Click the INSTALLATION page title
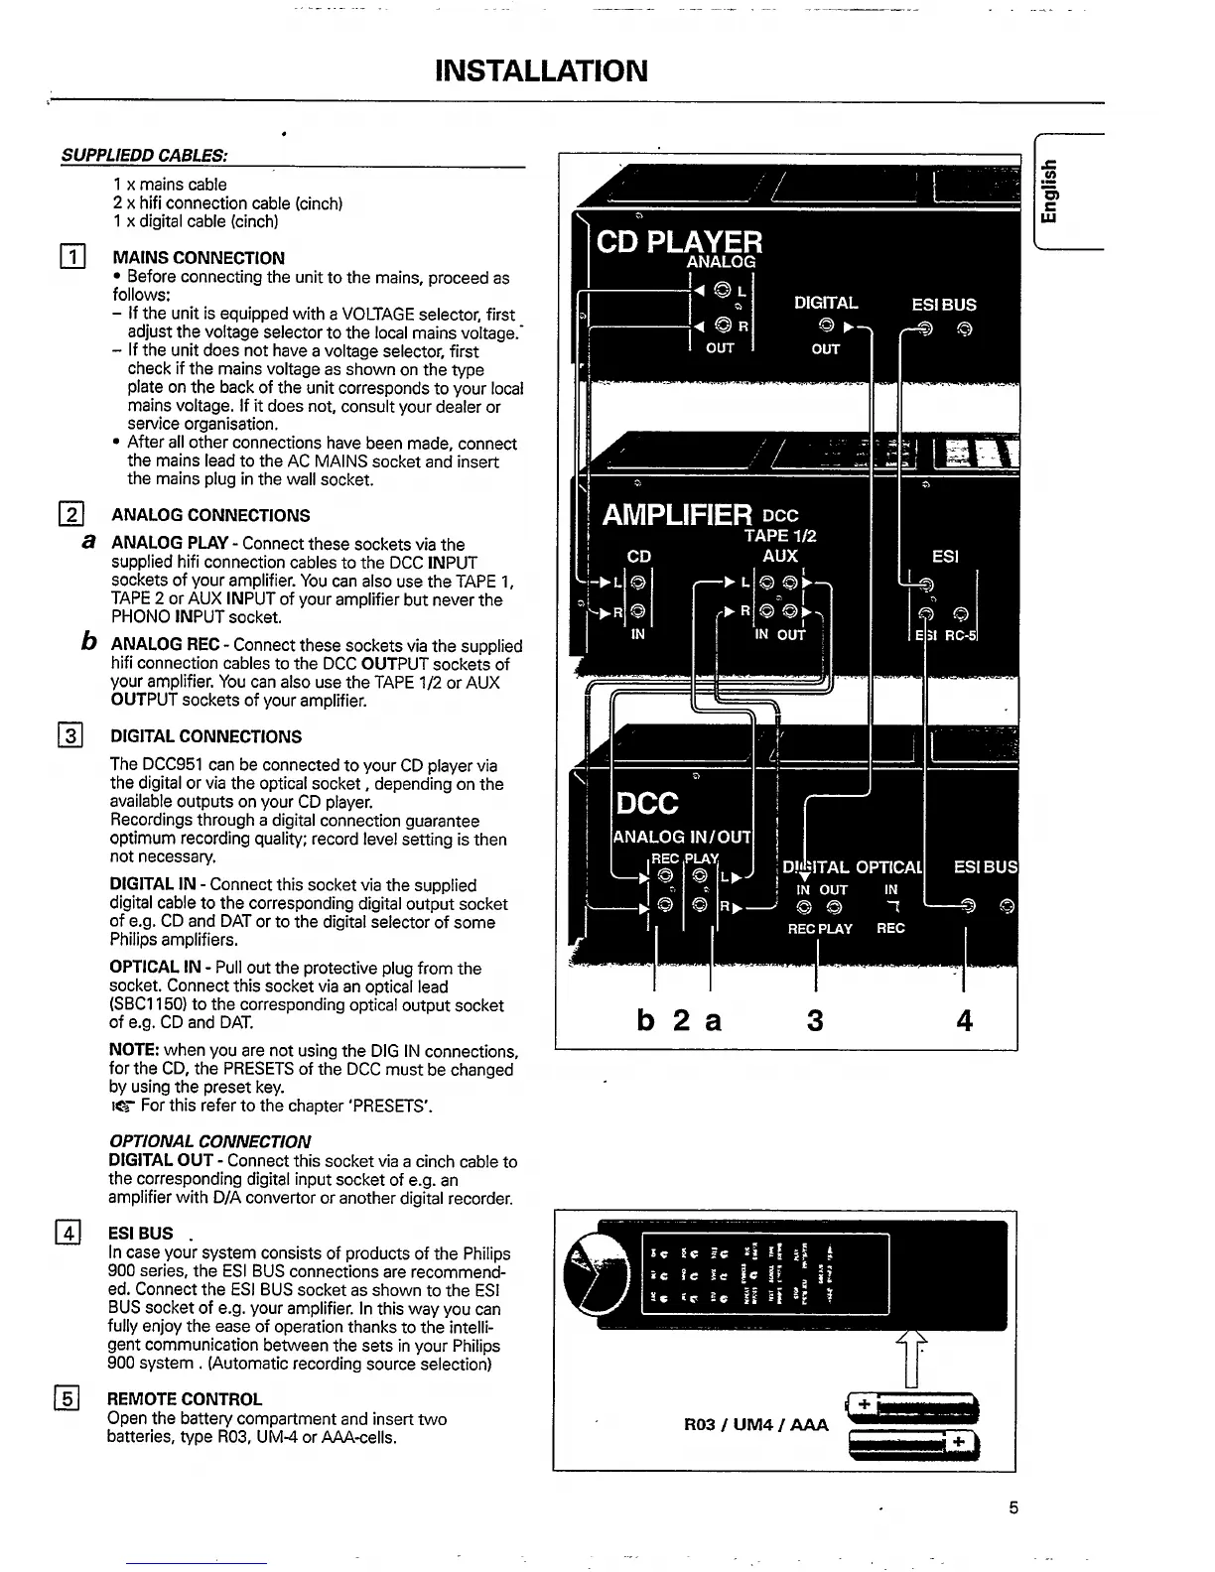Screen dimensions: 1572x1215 click(542, 71)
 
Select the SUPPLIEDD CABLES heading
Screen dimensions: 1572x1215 click(144, 156)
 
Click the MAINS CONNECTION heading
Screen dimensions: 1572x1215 click(198, 258)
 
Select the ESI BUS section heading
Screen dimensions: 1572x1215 click(140, 1233)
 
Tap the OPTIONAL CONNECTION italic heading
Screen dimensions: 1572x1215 click(209, 1141)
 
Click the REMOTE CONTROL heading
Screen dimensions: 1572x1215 click(185, 1399)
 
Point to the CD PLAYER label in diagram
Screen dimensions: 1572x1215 click(679, 241)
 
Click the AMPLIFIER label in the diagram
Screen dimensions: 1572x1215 click(677, 515)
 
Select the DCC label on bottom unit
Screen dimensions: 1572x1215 click(647, 802)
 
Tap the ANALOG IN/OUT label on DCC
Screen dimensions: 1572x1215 click(682, 837)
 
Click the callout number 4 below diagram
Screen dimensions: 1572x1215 click(964, 1019)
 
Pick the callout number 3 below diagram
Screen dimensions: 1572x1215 click(815, 1019)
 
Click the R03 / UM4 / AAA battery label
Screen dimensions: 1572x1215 click(756, 1425)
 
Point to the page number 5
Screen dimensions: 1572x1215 click(1013, 1508)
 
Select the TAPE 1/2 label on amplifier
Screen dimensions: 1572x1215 click(779, 536)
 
